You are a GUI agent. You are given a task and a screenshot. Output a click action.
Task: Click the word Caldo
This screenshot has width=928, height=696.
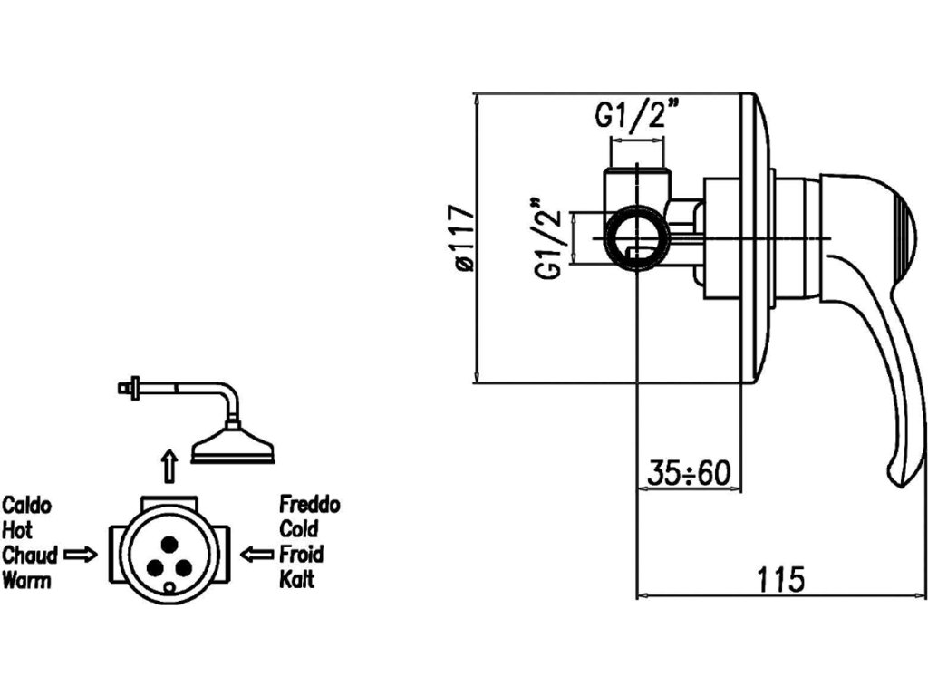coord(27,505)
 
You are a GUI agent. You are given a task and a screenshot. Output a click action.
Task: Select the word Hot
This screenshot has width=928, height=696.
coord(17,530)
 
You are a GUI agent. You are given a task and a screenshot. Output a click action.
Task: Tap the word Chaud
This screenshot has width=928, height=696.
coord(30,555)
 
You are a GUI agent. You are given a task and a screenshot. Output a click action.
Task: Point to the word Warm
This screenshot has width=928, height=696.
coord(26,580)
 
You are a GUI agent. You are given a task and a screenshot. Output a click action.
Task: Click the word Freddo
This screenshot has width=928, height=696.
coord(310,505)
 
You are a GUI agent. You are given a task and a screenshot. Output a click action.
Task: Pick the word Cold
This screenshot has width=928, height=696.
coord(298,529)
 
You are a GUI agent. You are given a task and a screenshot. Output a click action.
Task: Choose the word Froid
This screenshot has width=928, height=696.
coord(301,555)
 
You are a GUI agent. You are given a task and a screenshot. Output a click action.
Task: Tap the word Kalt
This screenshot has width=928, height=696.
coord(296,580)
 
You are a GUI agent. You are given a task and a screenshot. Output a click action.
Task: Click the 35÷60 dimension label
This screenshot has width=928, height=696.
coord(689,473)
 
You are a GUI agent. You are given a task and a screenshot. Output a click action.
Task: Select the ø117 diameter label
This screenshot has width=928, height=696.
coord(464,237)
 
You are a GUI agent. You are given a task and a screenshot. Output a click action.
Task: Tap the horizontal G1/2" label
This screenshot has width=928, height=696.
coord(638,116)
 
